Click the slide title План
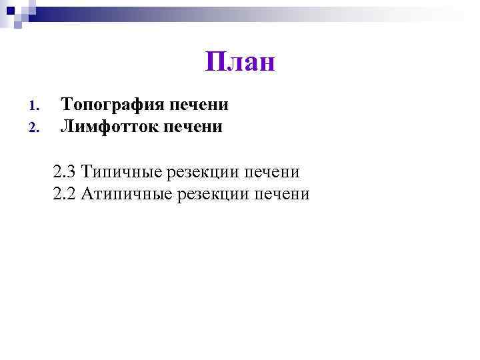coord(239,63)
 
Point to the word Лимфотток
coord(112,125)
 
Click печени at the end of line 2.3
coord(271,172)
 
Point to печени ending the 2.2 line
coord(282,194)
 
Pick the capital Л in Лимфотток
coord(67,125)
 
